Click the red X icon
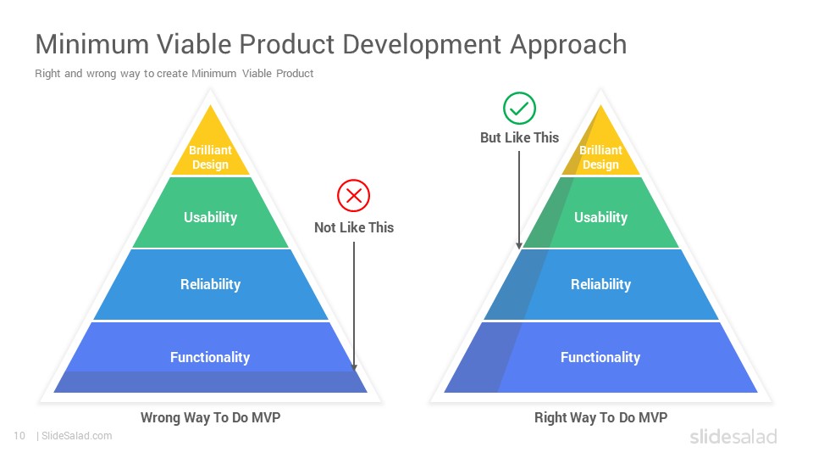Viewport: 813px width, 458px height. (x=354, y=196)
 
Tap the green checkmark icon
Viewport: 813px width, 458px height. (x=519, y=108)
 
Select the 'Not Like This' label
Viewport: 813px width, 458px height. (x=354, y=227)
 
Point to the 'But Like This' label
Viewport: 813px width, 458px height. (x=519, y=137)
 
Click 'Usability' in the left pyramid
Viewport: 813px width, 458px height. (x=211, y=217)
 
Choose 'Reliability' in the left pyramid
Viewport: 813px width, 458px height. (x=211, y=284)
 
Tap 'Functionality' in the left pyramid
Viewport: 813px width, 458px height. (x=210, y=357)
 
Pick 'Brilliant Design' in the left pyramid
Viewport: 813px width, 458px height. (x=210, y=157)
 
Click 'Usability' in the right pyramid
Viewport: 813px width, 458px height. (x=601, y=217)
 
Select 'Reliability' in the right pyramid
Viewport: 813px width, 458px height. (x=601, y=284)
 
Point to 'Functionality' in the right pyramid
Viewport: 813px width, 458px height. (x=600, y=357)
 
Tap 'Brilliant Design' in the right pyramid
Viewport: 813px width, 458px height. (x=600, y=157)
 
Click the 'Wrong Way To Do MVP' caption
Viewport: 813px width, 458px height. (x=211, y=417)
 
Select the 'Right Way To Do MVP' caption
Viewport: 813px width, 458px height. (x=601, y=417)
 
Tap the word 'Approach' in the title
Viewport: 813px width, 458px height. (x=568, y=45)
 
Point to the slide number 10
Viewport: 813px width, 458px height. (x=19, y=436)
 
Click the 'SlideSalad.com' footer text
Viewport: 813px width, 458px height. (x=77, y=436)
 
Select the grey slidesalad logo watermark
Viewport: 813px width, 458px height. (x=733, y=436)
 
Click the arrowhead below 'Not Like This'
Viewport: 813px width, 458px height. (x=354, y=366)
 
